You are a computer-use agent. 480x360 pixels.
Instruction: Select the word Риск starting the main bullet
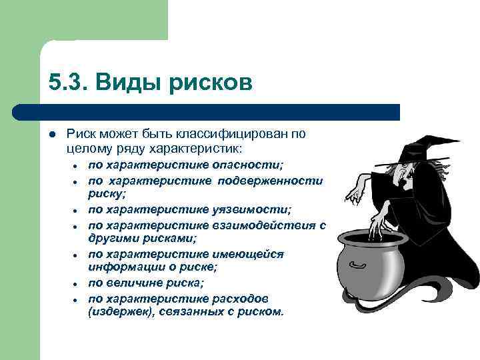tap(80, 133)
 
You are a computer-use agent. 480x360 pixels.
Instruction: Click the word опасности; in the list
tap(250, 164)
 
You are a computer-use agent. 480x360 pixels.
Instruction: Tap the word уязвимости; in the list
tap(255, 209)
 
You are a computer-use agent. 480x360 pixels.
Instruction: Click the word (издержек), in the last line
tap(121, 311)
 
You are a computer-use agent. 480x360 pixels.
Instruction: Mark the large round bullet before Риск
tap(52, 134)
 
